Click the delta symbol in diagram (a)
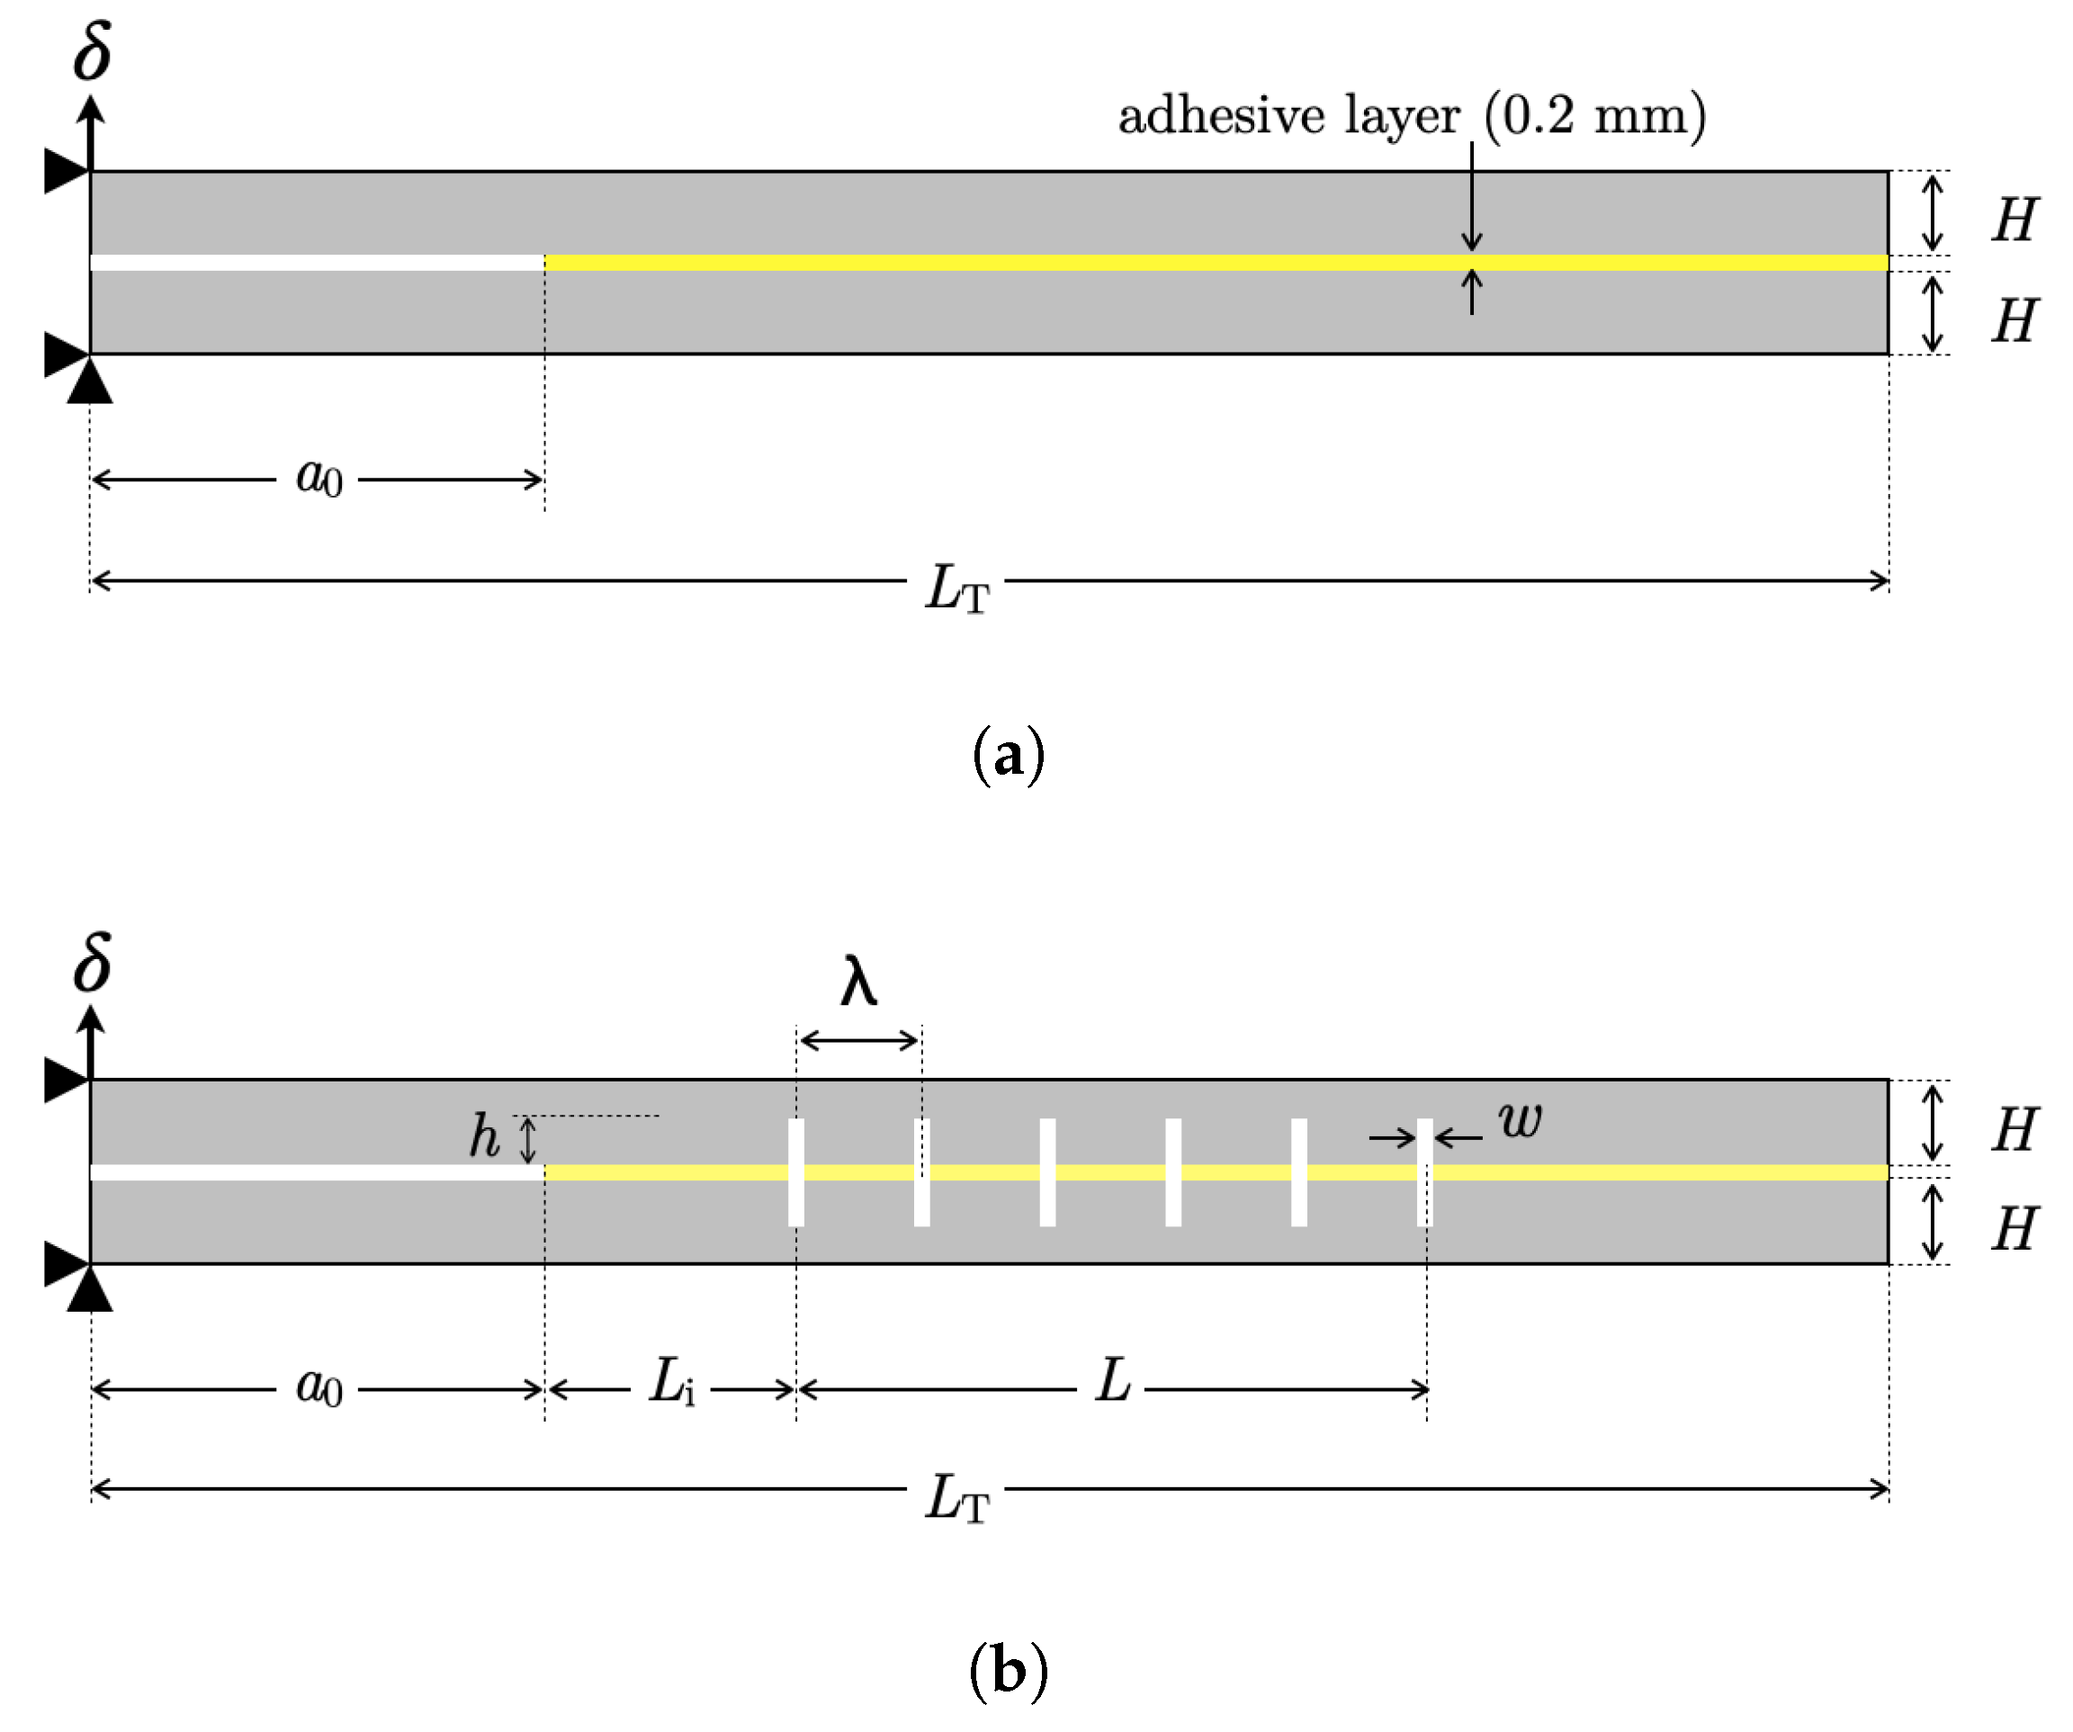(x=92, y=50)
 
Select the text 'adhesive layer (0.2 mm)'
(x=1411, y=115)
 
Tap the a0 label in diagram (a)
(x=319, y=478)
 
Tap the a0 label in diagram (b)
(x=319, y=1387)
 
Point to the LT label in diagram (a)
(x=956, y=588)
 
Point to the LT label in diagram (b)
(x=956, y=1498)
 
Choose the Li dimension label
(x=671, y=1381)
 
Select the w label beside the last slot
(x=1520, y=1120)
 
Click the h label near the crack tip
(x=484, y=1135)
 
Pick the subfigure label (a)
(x=1008, y=756)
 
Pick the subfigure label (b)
(x=1008, y=1670)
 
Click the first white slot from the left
(x=795, y=1172)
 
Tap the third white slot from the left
(x=1047, y=1172)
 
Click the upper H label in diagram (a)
(x=2013, y=220)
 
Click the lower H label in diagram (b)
(x=2013, y=1230)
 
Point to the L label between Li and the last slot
(x=1112, y=1381)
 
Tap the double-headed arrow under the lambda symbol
(x=859, y=1040)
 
